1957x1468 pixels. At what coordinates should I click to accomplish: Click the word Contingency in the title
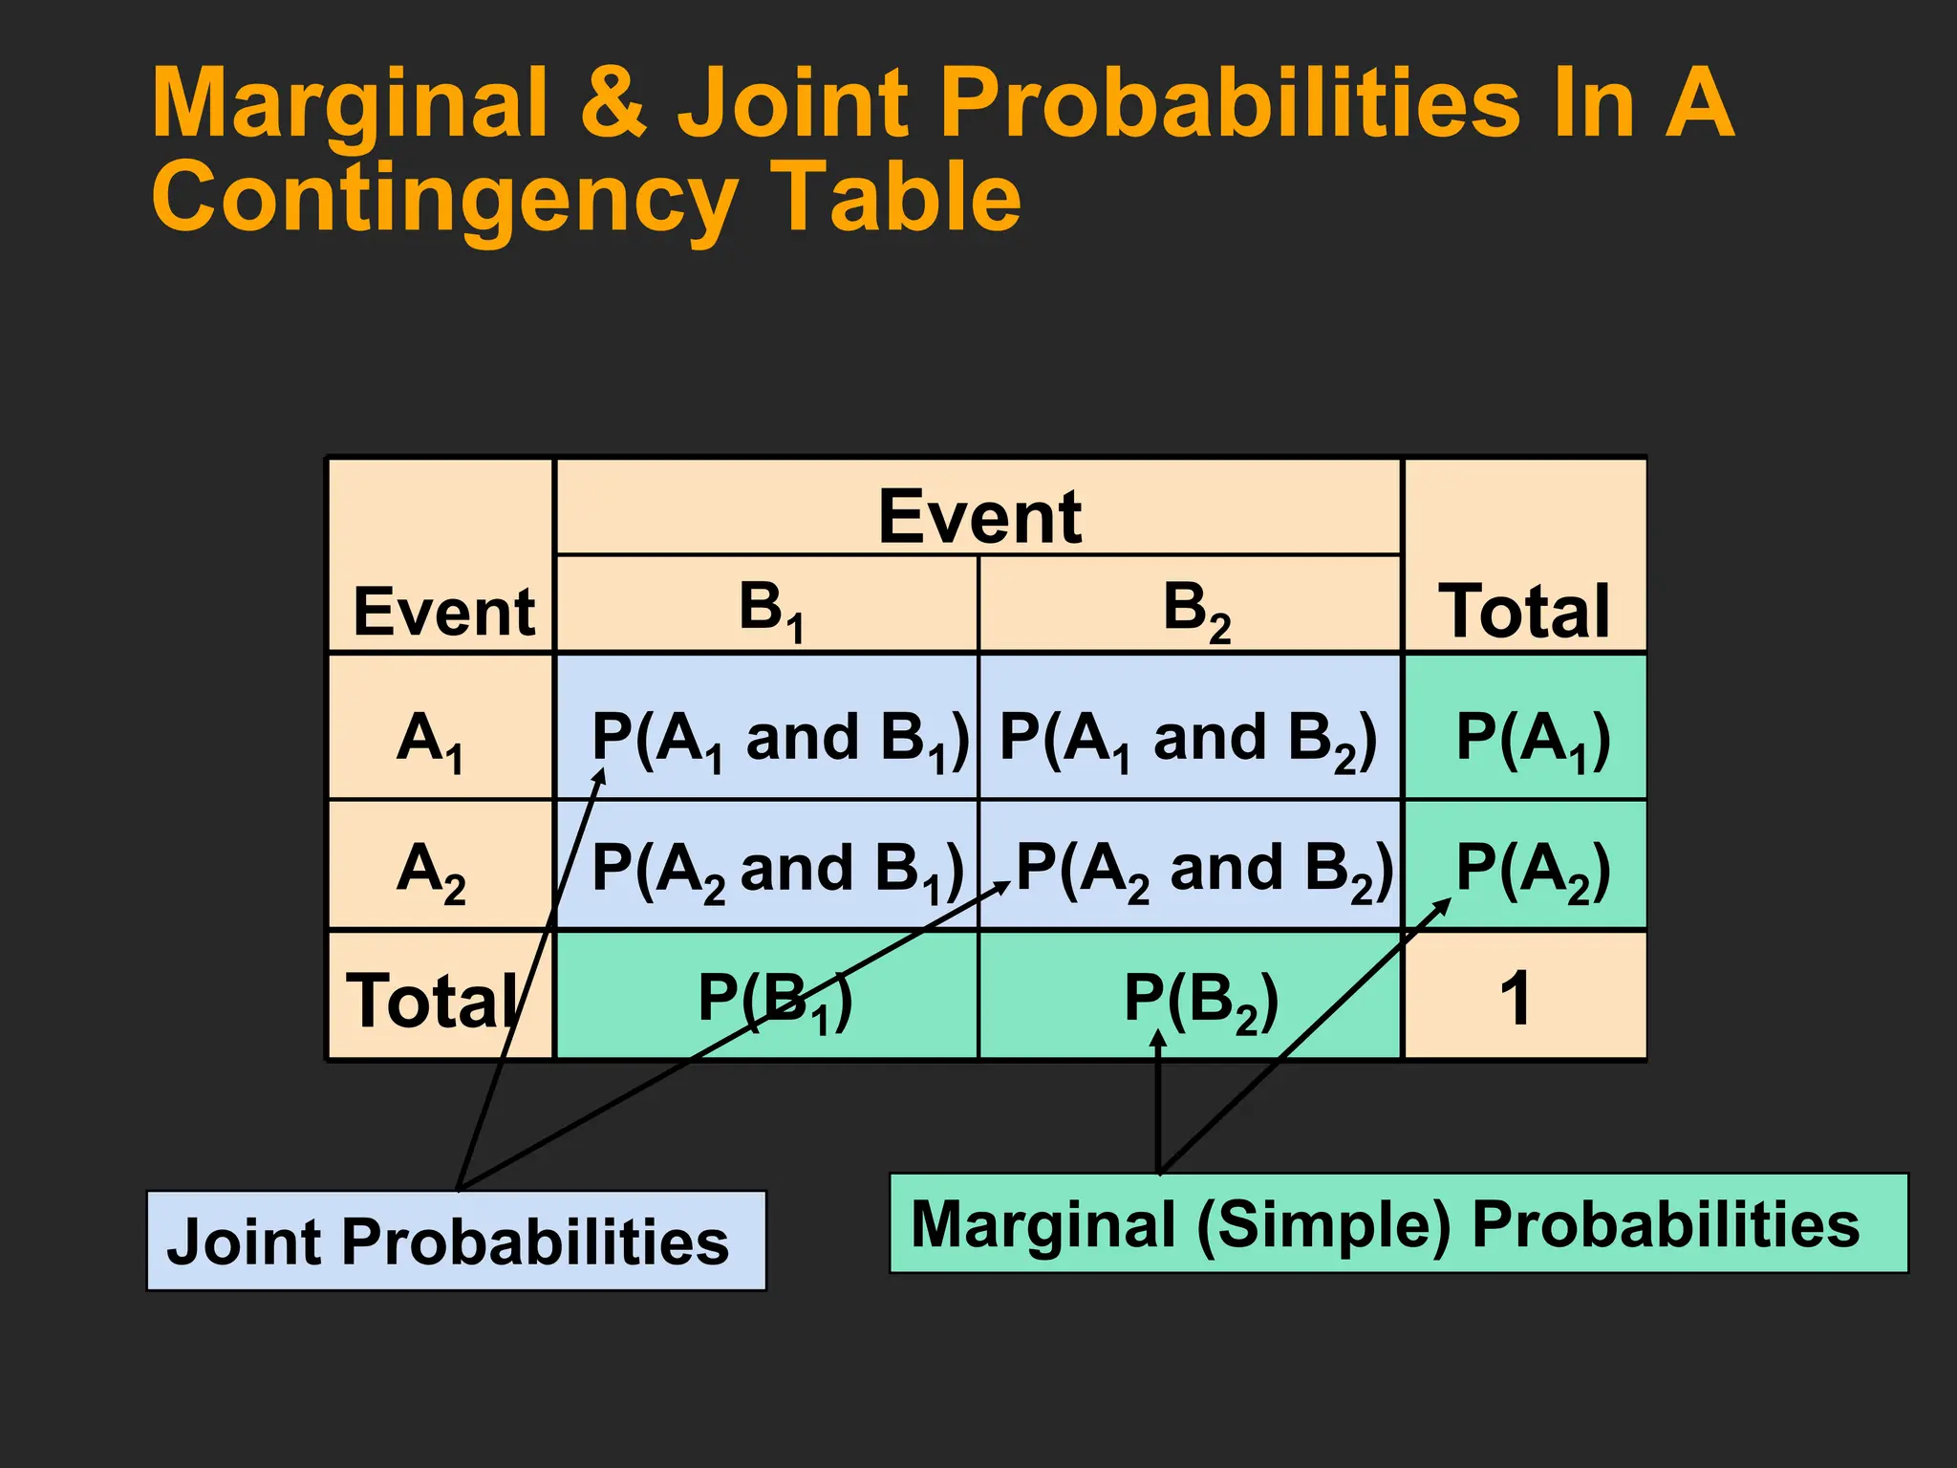(444, 199)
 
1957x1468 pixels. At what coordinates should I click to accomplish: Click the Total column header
(1524, 612)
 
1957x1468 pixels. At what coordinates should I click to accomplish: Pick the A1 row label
(430, 741)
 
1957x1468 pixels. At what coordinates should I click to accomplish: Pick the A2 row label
(430, 871)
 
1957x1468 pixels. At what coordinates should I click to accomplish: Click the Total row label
(435, 1000)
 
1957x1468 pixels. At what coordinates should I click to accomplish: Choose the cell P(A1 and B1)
(779, 739)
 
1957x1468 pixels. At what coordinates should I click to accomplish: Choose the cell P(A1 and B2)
(1188, 739)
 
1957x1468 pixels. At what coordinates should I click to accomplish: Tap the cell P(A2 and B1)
(776, 870)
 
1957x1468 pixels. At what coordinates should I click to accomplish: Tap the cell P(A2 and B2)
(1202, 870)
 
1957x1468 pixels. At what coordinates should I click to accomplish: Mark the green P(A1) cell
(1532, 739)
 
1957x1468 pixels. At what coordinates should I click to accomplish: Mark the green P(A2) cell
(1532, 870)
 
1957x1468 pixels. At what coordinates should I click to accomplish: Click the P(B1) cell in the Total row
(774, 1000)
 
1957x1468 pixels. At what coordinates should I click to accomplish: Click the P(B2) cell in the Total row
(1199, 1000)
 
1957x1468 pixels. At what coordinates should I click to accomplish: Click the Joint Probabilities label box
(456, 1241)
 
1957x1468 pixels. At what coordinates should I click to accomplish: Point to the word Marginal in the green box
(1043, 1224)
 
